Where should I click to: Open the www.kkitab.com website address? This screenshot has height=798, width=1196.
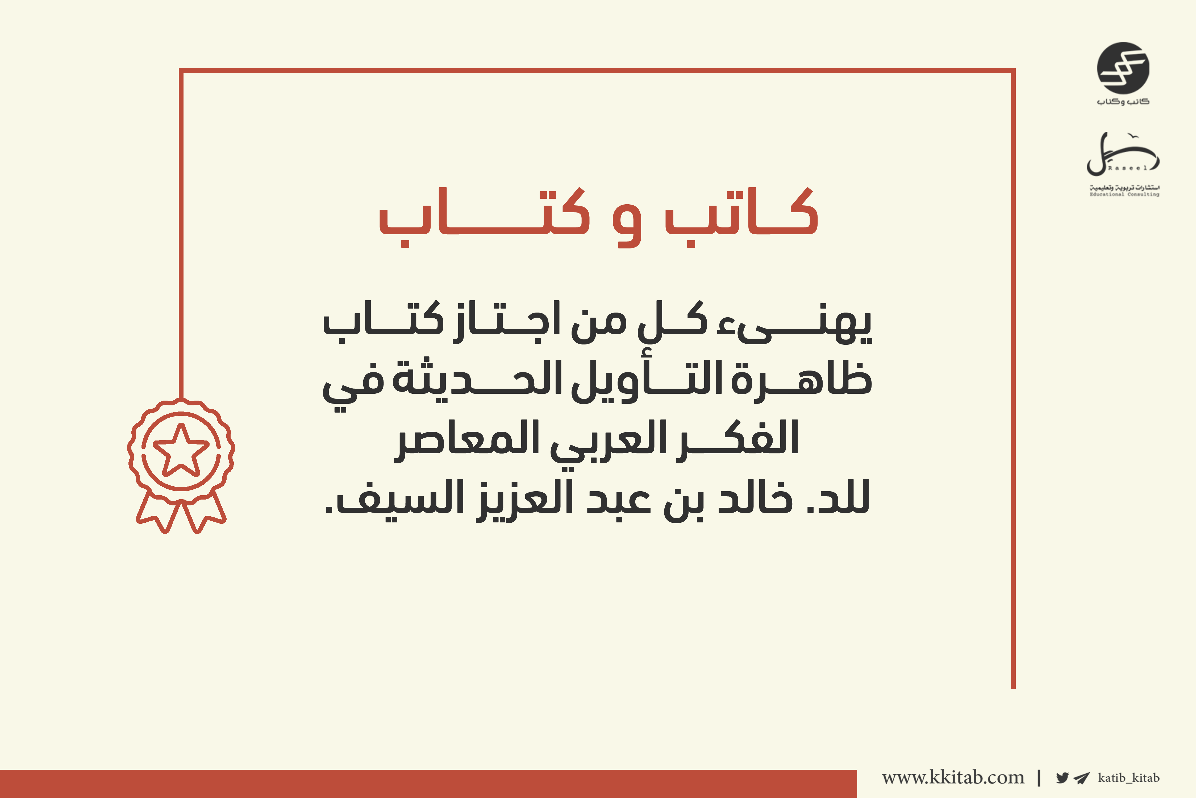(x=953, y=777)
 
